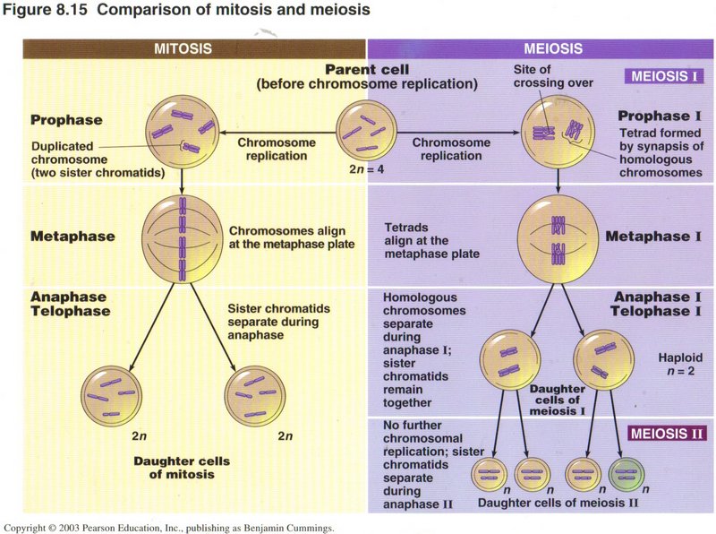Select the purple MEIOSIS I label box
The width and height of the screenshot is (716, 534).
pyautogui.click(x=661, y=75)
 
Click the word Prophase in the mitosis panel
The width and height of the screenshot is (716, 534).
pyautogui.click(x=67, y=120)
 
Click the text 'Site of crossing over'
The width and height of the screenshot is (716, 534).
pyautogui.click(x=541, y=76)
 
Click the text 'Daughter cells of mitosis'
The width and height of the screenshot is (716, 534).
pyautogui.click(x=181, y=467)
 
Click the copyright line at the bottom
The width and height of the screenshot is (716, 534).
pyautogui.click(x=170, y=527)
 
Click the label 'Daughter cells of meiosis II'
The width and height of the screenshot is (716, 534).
pyautogui.click(x=558, y=504)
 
